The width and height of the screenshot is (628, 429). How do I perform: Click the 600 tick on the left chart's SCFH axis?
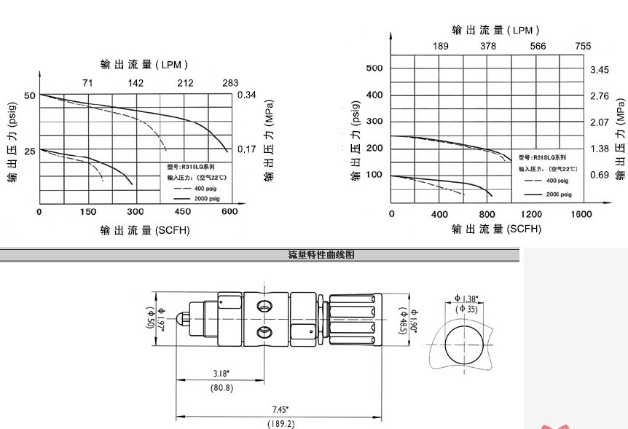229,212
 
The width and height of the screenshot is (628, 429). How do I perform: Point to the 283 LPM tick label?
230,83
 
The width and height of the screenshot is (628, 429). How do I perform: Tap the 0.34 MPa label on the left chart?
247,95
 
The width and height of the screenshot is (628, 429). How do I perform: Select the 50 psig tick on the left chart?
30,95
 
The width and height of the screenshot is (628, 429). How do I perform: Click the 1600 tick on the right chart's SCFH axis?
581,214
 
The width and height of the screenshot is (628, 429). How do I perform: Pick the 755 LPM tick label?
583,46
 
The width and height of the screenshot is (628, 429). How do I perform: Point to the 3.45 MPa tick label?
599,69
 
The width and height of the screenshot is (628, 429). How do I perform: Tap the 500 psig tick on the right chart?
374,68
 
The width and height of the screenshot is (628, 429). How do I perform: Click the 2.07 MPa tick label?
599,122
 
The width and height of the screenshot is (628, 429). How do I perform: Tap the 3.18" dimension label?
221,373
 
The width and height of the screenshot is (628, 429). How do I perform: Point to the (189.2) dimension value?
280,423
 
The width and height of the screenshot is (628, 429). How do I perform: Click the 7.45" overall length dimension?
280,409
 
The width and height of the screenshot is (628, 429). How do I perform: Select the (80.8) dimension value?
221,387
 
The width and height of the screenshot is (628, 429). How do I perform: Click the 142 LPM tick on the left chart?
136,83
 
